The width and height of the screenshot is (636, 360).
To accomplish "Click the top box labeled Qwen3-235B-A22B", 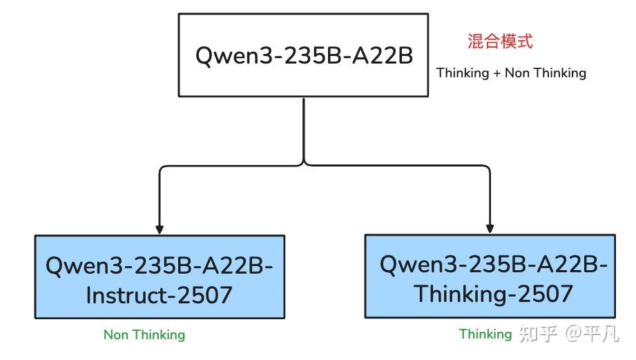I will [304, 55].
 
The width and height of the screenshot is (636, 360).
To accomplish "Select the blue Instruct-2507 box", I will [160, 277].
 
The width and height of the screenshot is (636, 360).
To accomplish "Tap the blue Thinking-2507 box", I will [490, 276].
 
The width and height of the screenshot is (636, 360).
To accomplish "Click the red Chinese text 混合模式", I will [500, 41].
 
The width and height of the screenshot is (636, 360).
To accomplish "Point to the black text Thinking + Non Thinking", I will [511, 73].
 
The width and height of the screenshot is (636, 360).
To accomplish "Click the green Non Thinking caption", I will [144, 335].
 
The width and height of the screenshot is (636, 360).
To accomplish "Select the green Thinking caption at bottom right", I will [485, 334].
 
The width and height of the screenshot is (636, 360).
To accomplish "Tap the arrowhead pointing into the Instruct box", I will [160, 229].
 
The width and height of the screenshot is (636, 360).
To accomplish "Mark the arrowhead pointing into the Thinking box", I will [490, 228].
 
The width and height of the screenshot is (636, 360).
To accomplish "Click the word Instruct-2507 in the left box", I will [159, 295].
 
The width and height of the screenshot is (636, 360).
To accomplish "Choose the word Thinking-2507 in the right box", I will [493, 294].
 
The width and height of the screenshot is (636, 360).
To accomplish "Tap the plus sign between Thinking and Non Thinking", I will [497, 73].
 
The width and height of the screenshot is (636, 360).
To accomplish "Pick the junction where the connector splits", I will [304, 164].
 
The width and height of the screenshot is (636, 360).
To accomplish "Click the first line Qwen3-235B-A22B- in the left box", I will [164, 265].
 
